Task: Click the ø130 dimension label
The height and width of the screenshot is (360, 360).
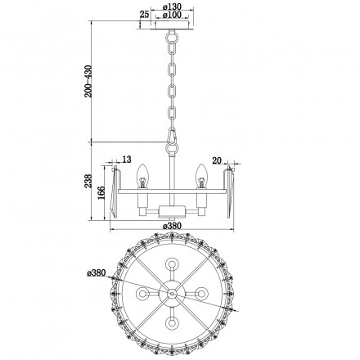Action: [x=171, y=7]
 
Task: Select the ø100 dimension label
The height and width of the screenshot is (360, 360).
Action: [x=171, y=16]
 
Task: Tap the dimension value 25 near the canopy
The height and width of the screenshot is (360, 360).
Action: [x=144, y=15]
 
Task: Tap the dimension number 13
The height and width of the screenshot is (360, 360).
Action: [x=126, y=159]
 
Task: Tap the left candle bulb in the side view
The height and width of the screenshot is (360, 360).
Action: [x=141, y=174]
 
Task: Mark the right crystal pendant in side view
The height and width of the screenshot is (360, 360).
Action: [x=227, y=189]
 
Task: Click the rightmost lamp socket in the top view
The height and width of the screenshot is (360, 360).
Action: [x=201, y=293]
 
